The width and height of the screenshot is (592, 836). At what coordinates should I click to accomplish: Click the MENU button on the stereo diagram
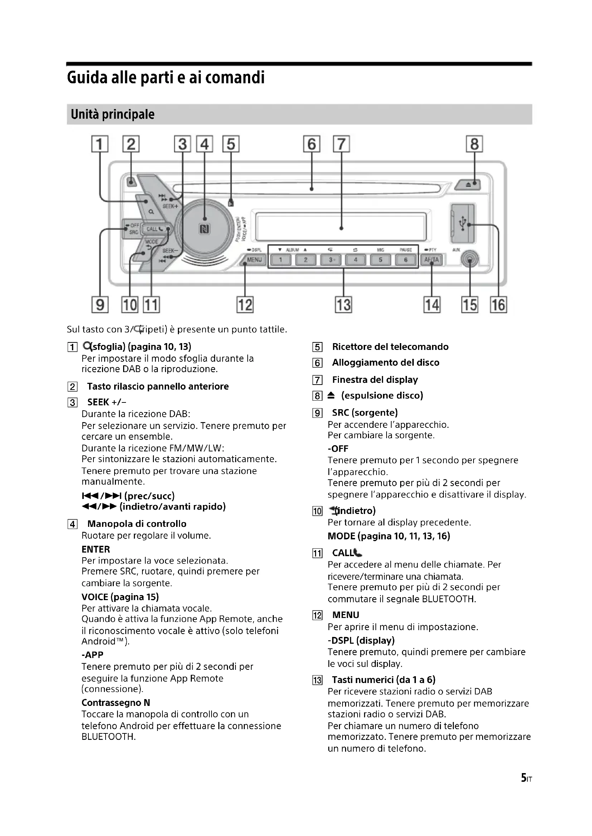(x=254, y=259)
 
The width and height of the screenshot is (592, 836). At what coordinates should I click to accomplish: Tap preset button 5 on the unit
(x=380, y=259)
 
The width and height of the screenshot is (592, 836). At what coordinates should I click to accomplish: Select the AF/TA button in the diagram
(x=432, y=259)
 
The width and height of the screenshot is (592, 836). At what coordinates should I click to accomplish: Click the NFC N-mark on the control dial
(x=204, y=229)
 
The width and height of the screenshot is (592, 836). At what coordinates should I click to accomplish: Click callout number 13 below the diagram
(x=343, y=305)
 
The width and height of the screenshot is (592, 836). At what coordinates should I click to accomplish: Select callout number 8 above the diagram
(x=474, y=144)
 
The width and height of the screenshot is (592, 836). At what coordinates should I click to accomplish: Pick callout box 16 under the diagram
(x=498, y=305)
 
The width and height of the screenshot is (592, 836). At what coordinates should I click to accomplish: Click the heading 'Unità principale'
(x=113, y=114)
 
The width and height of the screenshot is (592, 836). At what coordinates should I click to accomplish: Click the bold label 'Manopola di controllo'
(x=137, y=524)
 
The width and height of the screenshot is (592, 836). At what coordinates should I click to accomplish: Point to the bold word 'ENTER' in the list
(x=96, y=549)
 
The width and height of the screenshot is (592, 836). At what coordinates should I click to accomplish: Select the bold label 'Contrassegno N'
(x=116, y=702)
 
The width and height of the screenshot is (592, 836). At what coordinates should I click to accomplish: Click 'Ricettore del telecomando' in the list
(x=390, y=347)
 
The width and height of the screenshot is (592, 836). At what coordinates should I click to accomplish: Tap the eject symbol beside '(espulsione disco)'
(x=331, y=395)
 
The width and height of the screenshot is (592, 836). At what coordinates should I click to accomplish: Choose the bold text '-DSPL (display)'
(x=361, y=640)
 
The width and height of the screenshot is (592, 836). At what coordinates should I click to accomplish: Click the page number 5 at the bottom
(x=524, y=778)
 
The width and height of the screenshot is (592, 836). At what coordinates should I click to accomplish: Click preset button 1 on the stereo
(x=281, y=259)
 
